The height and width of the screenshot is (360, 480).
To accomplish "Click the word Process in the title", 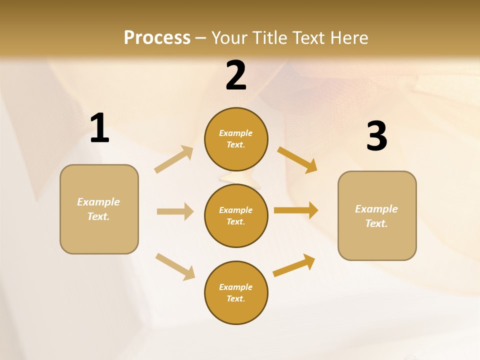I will click(157, 38).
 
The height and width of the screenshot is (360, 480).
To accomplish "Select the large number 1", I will click(99, 128).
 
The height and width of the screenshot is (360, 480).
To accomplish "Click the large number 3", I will click(376, 136).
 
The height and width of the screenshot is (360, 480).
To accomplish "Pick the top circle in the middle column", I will click(236, 139).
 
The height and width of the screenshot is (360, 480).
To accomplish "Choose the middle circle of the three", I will click(236, 215).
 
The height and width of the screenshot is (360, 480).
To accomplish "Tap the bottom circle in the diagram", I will click(236, 292).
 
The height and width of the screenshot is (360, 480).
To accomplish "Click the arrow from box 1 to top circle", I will click(173, 159).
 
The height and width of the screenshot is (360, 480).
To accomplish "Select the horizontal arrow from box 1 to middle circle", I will click(175, 211).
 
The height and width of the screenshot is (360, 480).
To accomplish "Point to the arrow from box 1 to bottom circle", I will click(175, 266).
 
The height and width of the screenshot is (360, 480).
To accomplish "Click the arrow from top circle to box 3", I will click(297, 160).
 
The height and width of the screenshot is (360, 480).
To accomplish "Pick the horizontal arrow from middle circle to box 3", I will click(296, 210).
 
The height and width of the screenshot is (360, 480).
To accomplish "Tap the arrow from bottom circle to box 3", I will click(294, 265).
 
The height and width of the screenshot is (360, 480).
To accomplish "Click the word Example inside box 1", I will click(98, 202).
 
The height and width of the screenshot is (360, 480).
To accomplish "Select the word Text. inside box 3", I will click(376, 223).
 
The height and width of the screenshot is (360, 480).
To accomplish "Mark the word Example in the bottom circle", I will click(236, 287).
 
